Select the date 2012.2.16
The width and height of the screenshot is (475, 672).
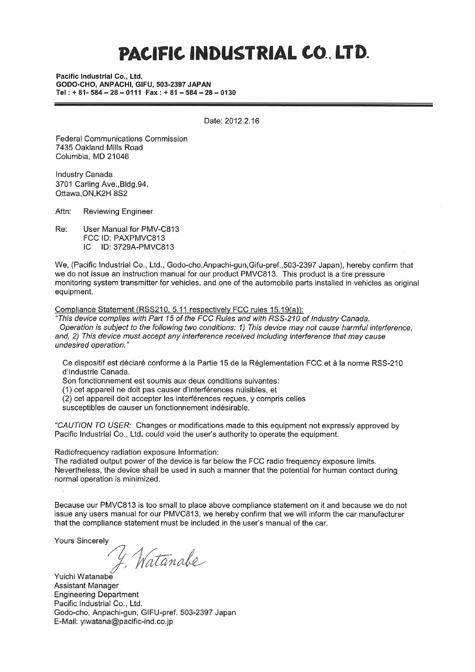242,121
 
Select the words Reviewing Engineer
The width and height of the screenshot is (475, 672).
118,211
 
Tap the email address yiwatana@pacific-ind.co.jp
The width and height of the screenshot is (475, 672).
126,621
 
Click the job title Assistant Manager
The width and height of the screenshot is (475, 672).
86,585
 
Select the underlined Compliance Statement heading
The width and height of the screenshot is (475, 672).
179,310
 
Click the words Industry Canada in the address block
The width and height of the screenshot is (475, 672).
84,174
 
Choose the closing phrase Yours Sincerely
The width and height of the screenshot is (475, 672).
81,541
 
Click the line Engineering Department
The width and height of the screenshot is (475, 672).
96,595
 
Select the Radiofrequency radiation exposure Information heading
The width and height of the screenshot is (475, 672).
136,452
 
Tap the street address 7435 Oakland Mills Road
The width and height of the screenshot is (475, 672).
99,148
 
